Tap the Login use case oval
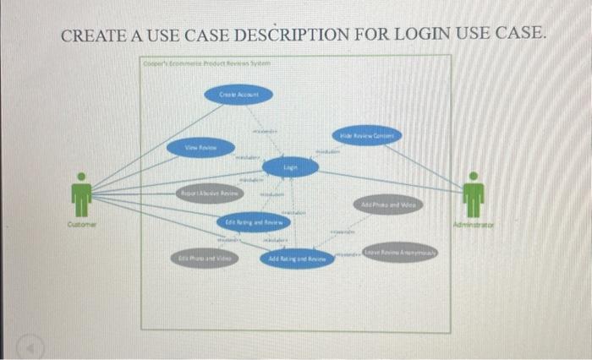coord(290,169)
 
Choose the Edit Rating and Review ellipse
coord(253,222)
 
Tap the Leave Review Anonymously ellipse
coord(401,252)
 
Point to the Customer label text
coord(81,225)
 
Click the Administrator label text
coord(475,225)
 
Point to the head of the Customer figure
coord(81,177)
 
